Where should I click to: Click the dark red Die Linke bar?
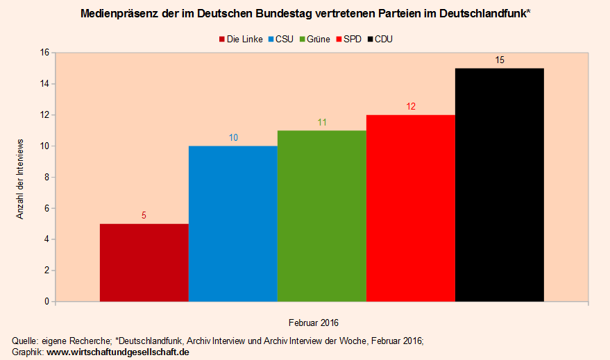(144, 263)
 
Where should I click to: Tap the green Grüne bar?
(322, 216)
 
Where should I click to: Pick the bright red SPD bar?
(411, 208)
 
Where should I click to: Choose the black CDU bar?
(500, 185)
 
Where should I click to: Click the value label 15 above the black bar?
(500, 60)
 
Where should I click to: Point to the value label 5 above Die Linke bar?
(144, 216)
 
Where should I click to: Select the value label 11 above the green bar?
(322, 123)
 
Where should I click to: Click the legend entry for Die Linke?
(240, 40)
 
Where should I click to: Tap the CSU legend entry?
(279, 40)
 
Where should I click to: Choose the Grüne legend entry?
(314, 40)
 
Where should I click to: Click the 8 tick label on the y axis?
(46, 178)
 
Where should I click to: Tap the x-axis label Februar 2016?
(314, 323)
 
